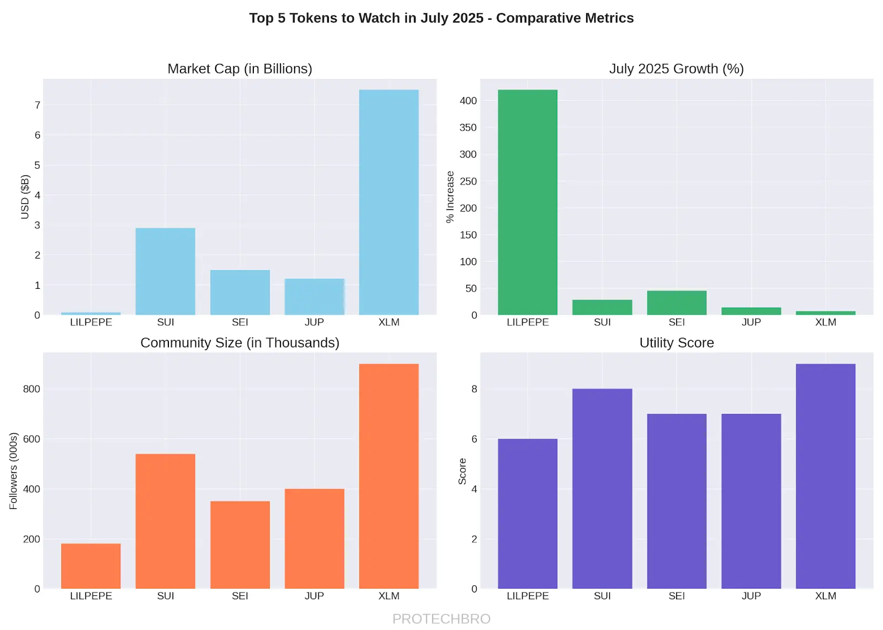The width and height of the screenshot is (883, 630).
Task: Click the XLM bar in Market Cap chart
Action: [x=389, y=202]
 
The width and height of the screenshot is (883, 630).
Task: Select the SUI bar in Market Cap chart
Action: [x=165, y=271]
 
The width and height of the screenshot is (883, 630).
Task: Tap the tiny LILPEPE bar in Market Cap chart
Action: [x=91, y=314]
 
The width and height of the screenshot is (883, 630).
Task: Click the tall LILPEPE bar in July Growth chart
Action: [x=527, y=202]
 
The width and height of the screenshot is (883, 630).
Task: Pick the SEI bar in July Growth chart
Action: [x=677, y=303]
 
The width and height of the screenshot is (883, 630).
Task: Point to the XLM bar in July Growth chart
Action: [x=826, y=313]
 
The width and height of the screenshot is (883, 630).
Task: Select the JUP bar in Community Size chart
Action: [x=314, y=539]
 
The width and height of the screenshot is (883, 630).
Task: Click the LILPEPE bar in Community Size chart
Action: [x=91, y=566]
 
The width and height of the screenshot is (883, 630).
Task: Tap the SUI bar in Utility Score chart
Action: [x=602, y=488]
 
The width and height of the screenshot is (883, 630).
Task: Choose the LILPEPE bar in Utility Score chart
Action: [x=527, y=514]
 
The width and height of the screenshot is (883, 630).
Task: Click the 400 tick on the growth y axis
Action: [x=468, y=101]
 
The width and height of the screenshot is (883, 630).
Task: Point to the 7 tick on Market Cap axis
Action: [x=38, y=105]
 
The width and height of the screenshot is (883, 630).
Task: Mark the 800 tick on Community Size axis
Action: [x=31, y=389]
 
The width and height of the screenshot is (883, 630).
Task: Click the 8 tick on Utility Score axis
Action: [x=474, y=389]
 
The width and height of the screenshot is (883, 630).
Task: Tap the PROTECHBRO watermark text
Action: [x=441, y=619]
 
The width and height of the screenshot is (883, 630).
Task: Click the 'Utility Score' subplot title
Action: [x=677, y=343]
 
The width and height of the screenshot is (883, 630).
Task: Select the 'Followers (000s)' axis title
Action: [x=14, y=471]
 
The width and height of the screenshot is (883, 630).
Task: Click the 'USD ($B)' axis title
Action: [x=25, y=197]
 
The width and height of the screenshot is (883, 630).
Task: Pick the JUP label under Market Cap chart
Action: [x=314, y=322]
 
